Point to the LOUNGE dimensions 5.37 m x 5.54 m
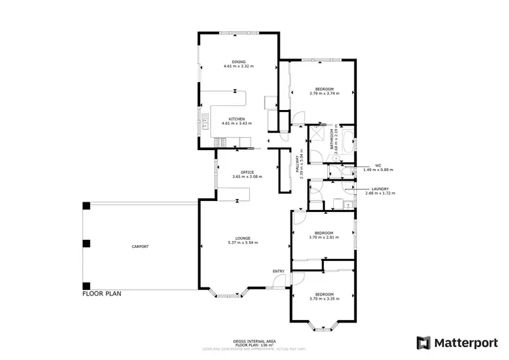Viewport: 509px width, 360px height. pyautogui.click(x=243, y=242)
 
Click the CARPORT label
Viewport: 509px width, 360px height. pyautogui.click(x=140, y=247)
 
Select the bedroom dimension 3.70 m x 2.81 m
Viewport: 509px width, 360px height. pyautogui.click(x=323, y=236)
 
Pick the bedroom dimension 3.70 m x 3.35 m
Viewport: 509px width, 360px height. pyautogui.click(x=323, y=298)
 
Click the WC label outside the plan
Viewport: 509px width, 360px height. pyautogui.click(x=379, y=165)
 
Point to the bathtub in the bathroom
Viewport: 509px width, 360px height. pyautogui.click(x=347, y=143)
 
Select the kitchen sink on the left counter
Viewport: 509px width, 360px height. pyautogui.click(x=204, y=124)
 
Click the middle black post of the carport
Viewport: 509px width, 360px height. pyautogui.click(x=86, y=243)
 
